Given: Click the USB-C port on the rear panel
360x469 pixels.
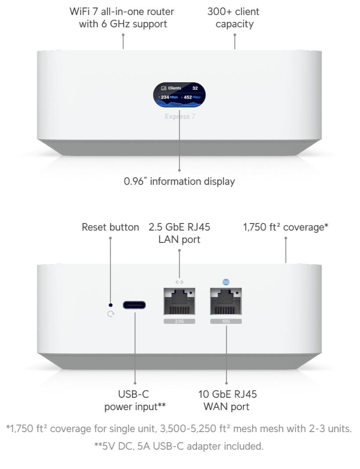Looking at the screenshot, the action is pyautogui.click(x=134, y=305).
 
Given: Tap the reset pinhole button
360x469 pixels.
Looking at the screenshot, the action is pyautogui.click(x=110, y=305).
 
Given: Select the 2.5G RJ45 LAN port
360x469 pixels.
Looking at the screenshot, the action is pyautogui.click(x=179, y=301).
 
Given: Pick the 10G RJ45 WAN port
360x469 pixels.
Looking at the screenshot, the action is pyautogui.click(x=226, y=301).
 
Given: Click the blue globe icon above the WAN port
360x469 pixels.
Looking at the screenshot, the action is pyautogui.click(x=226, y=282).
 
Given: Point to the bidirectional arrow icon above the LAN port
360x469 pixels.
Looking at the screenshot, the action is pyautogui.click(x=179, y=282).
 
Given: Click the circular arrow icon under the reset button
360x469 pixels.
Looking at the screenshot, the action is pyautogui.click(x=111, y=314).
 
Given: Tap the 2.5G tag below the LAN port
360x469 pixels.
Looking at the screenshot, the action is pyautogui.click(x=179, y=321).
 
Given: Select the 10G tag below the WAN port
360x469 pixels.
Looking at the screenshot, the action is pyautogui.click(x=226, y=321).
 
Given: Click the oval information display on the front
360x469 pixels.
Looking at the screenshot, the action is pyautogui.click(x=179, y=95).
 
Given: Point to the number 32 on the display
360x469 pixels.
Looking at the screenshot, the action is pyautogui.click(x=195, y=88).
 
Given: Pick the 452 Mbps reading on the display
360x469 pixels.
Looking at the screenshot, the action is pyautogui.click(x=192, y=97).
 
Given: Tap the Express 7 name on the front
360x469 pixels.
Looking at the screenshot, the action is pyautogui.click(x=180, y=116).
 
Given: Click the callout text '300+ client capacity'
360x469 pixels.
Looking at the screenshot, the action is pyautogui.click(x=233, y=18).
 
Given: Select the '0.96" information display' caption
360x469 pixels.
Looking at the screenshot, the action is pyautogui.click(x=179, y=181).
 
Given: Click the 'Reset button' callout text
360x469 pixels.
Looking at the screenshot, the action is pyautogui.click(x=110, y=227).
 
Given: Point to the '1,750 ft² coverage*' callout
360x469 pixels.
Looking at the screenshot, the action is pyautogui.click(x=286, y=227).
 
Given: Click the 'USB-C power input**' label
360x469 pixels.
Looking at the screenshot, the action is pyautogui.click(x=135, y=400).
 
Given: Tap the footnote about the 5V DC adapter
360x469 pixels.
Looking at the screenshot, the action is pyautogui.click(x=179, y=446).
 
